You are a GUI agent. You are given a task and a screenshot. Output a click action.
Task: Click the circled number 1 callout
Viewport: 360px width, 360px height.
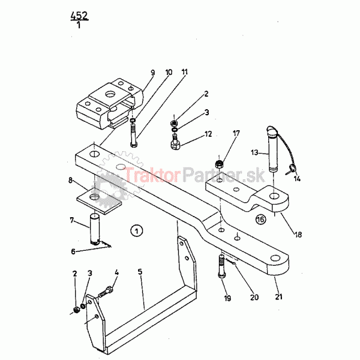(x=137, y=231)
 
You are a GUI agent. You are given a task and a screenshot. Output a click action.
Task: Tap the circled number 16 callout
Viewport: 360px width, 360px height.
(x=260, y=220)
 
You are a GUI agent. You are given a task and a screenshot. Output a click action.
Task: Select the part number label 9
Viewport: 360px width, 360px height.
(x=152, y=73)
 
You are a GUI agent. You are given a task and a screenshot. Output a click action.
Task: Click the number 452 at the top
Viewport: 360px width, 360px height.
(x=79, y=16)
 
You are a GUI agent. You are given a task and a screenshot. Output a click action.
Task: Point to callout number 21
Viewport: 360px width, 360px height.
(x=278, y=296)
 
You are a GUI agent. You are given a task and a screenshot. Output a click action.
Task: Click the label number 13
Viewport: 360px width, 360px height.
(x=254, y=152)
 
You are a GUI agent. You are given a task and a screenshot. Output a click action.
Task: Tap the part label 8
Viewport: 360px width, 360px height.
(x=70, y=180)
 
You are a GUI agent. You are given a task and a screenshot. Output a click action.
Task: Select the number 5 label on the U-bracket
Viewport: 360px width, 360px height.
(x=140, y=272)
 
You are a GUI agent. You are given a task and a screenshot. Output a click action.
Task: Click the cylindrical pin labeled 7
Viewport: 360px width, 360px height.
(x=95, y=229)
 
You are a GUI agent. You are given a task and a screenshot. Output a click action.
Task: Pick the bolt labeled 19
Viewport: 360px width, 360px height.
(x=222, y=266)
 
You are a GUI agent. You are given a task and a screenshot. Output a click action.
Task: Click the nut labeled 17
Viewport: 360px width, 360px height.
(x=219, y=164)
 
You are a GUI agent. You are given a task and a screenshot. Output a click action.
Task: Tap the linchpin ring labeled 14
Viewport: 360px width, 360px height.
(x=290, y=169)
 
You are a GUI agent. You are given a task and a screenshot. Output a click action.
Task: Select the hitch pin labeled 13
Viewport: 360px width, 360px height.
(x=273, y=149)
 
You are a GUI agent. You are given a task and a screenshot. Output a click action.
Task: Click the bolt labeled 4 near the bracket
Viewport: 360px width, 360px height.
(x=106, y=292)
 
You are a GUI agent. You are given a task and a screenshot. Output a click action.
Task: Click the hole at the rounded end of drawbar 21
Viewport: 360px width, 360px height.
(x=275, y=258)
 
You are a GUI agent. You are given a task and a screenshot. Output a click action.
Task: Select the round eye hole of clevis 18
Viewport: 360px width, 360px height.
(x=274, y=196)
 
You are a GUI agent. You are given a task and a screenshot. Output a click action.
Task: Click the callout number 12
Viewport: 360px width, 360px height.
(x=208, y=134)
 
